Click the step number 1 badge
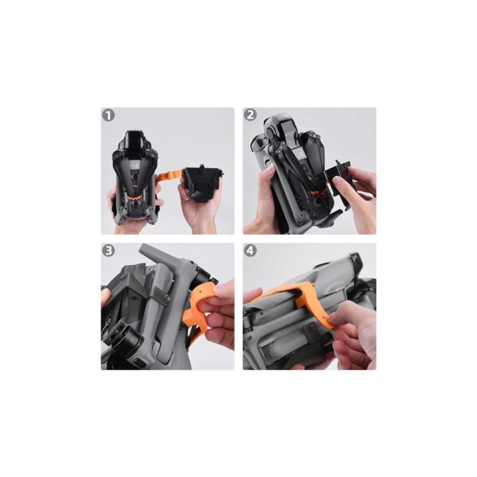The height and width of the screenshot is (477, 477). click(x=109, y=115)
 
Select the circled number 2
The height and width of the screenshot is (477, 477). click(x=250, y=115)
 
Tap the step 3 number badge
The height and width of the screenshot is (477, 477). click(x=109, y=251)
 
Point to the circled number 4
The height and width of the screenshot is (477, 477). click(x=250, y=251)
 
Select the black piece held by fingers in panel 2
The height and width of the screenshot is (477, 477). click(x=338, y=176)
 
